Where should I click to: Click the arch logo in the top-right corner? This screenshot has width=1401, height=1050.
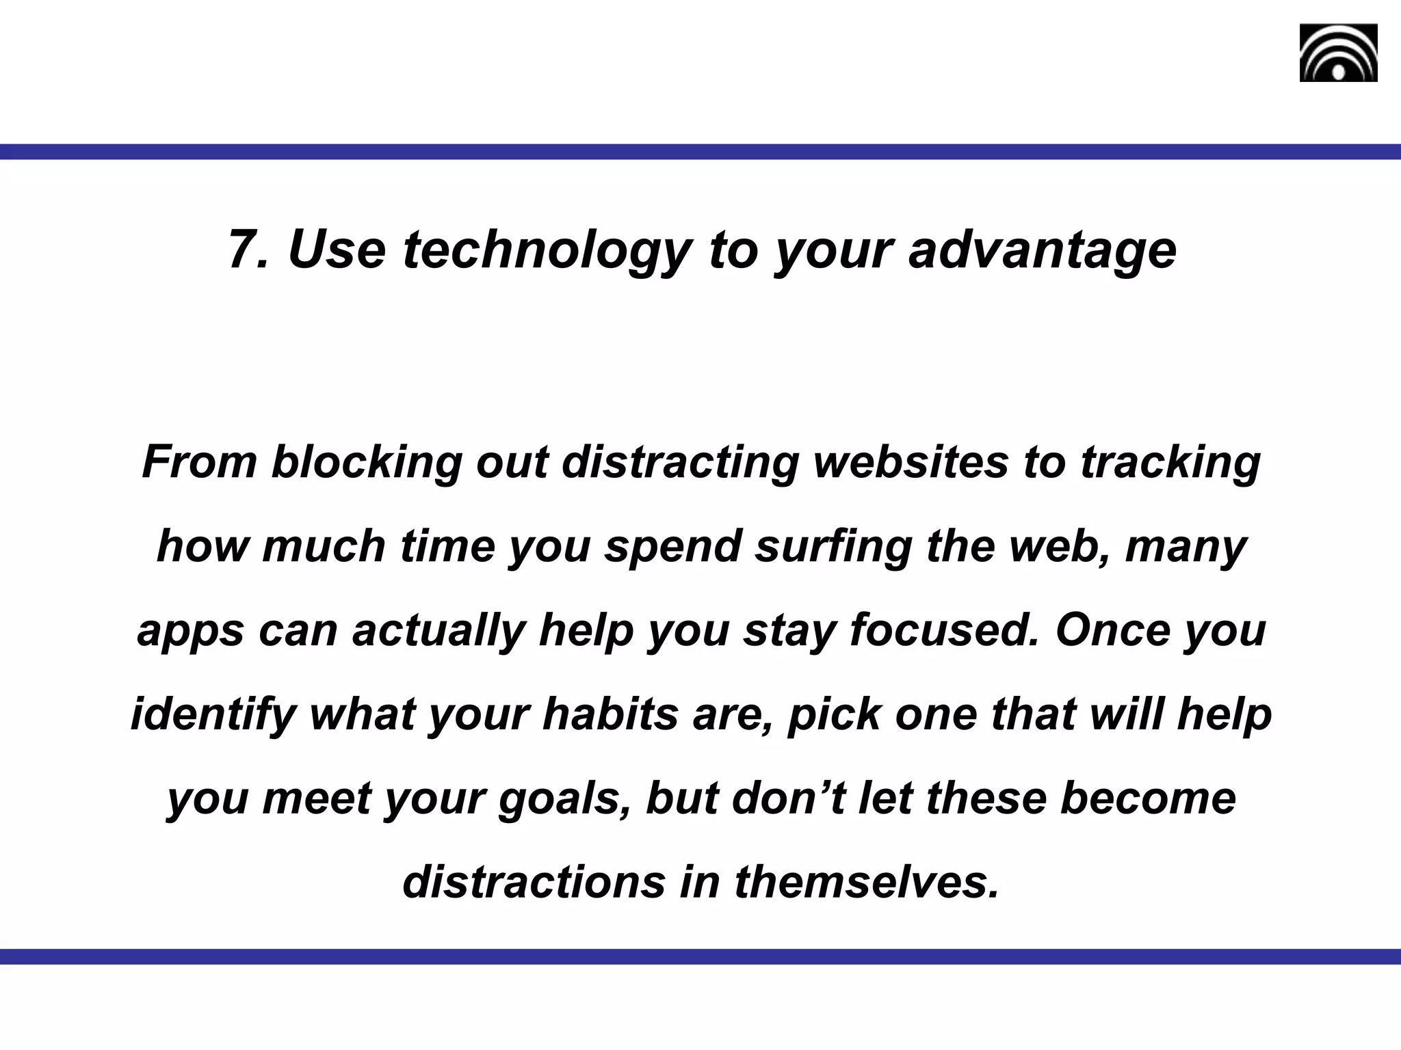(x=1338, y=53)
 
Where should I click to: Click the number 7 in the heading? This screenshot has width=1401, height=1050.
(x=241, y=250)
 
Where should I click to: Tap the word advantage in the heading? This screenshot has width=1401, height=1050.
(x=1042, y=250)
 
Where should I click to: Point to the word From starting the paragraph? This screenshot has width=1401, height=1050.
(x=199, y=461)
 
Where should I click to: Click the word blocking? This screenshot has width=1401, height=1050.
(x=367, y=461)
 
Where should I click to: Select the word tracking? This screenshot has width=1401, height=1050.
(x=1170, y=461)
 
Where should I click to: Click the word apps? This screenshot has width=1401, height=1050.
(x=190, y=630)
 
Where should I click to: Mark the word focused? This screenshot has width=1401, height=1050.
(x=945, y=630)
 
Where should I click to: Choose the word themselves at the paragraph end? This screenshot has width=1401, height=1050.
(x=867, y=883)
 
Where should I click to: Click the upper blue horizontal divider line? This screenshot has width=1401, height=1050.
(x=700, y=152)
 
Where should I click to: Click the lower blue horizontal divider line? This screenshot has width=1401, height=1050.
(x=700, y=956)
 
